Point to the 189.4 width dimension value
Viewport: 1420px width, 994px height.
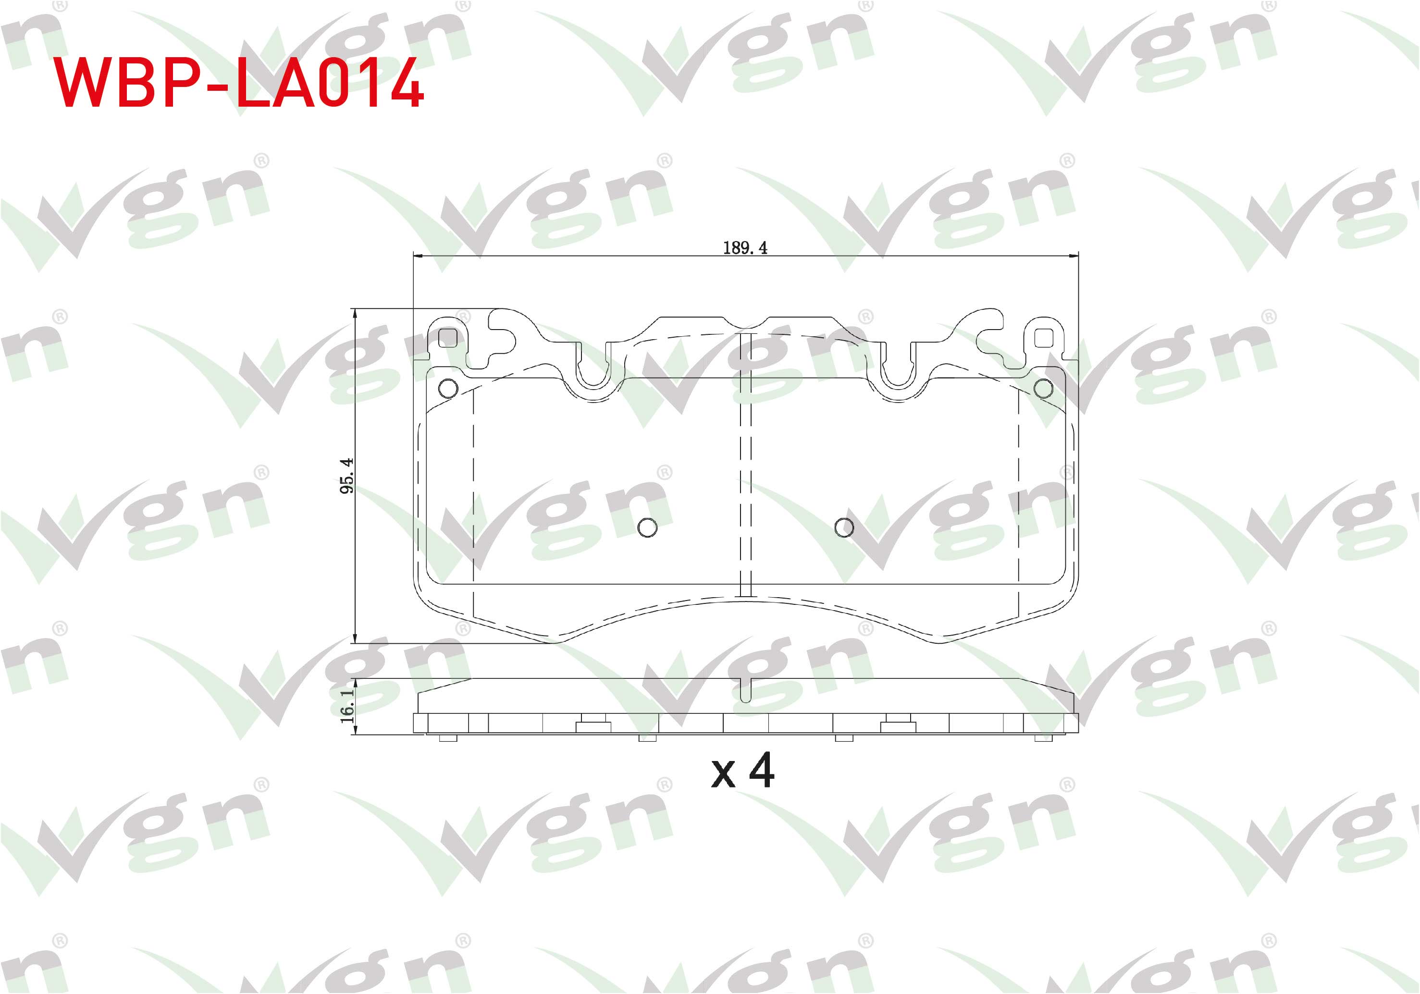(x=745, y=248)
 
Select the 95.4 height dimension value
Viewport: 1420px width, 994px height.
(x=347, y=475)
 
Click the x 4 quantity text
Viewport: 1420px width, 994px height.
(x=743, y=771)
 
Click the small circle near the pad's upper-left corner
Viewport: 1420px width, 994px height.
(x=448, y=389)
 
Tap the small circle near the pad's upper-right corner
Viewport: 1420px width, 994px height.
(x=1043, y=389)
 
